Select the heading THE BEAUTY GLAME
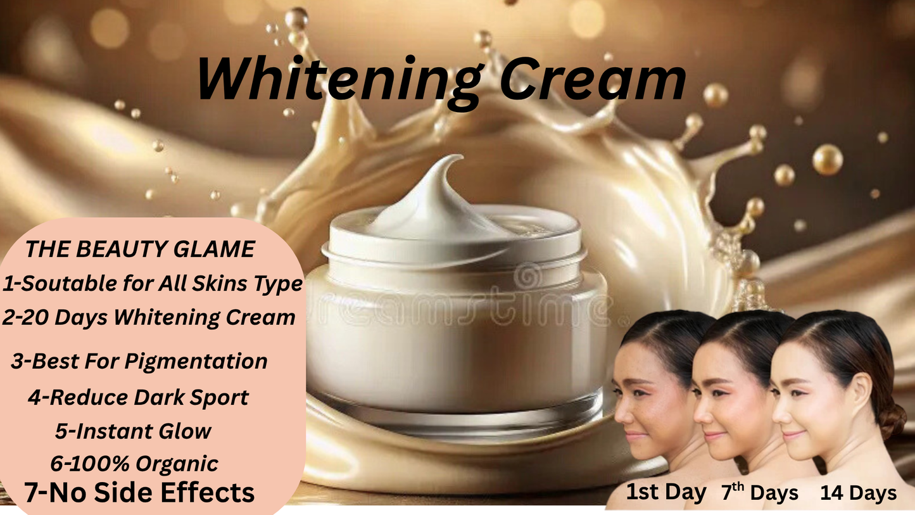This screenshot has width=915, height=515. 139,250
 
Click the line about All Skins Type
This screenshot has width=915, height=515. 153,284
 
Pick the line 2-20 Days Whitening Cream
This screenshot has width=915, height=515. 149,317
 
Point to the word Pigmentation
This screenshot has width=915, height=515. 196,361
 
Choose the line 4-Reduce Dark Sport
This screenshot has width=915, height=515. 138,398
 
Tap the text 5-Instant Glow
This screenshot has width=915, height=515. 133,431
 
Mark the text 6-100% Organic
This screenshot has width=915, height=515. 134,464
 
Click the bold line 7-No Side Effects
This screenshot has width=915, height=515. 139,492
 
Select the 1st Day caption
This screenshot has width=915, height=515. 666,492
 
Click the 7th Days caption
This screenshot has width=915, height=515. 759,492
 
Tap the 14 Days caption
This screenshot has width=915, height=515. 858,493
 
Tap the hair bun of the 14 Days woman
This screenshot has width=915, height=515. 891,419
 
